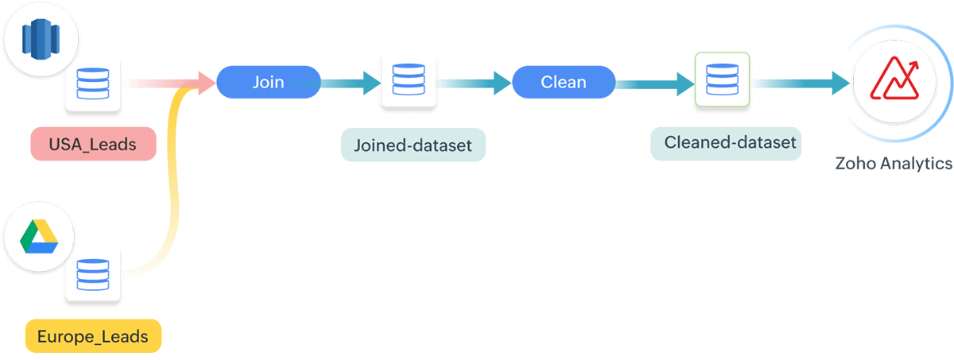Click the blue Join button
(x=268, y=82)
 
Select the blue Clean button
(x=563, y=82)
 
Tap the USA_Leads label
(x=92, y=145)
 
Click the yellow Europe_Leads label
(x=93, y=336)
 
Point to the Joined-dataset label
(x=413, y=146)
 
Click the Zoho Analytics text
(x=893, y=164)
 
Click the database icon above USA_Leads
(x=92, y=83)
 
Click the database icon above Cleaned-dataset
(x=721, y=80)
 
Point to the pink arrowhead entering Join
(x=205, y=81)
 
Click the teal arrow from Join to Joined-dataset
(x=350, y=81)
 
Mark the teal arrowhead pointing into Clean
(x=501, y=81)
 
